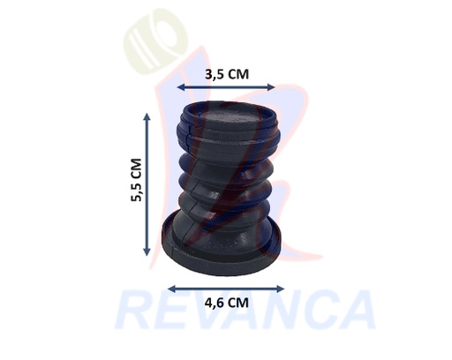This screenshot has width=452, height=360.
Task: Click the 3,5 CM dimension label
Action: tap(227, 74)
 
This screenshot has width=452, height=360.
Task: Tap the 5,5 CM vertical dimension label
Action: tap(137, 180)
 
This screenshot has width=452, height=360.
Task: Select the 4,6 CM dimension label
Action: tap(227, 303)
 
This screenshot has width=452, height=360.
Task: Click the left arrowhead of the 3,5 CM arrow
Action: tap(180, 86)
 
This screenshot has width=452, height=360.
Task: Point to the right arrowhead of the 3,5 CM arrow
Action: tap(272, 86)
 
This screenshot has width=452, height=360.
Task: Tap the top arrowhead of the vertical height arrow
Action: tap(147, 116)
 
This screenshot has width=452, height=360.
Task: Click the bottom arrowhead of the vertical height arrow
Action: tap(147, 252)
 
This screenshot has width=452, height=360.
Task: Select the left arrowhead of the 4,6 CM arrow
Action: tap(170, 289)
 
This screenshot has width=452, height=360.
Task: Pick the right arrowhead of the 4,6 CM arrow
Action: tap(281, 289)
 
